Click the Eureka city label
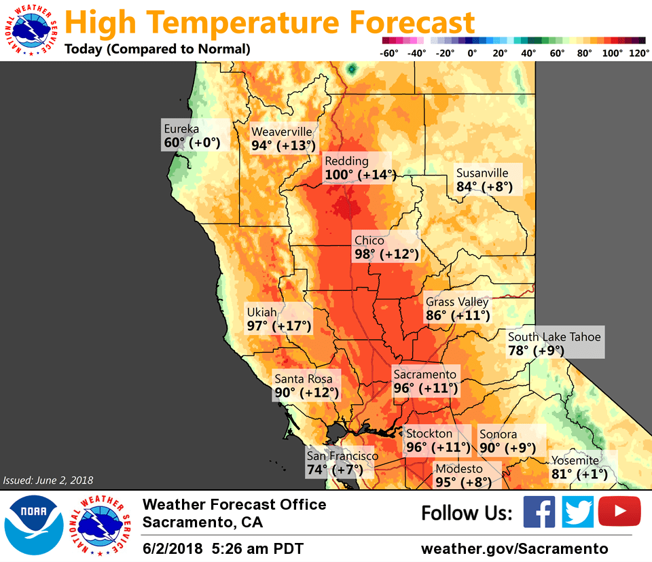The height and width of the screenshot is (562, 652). pos(181,128)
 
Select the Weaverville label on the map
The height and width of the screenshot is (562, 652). pos(282,131)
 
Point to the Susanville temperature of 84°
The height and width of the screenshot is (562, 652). pos(469,187)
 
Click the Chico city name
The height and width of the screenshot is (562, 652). pos(369,241)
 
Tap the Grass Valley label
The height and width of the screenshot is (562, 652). pos(457,302)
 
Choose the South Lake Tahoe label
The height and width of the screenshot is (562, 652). pos(554,336)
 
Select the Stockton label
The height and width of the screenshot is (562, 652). pos(429,434)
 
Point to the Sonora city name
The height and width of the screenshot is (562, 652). pos(498,434)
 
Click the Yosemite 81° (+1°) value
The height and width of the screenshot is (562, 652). pos(579,474)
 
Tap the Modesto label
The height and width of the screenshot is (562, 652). pos(459,469)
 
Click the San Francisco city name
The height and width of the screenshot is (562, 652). pos(342,456)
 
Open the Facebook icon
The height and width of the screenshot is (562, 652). pos(539,512)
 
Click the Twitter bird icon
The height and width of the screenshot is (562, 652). pos(578,512)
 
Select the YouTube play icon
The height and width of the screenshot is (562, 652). pos(619,512)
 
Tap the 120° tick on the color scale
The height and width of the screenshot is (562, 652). pos(639,52)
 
